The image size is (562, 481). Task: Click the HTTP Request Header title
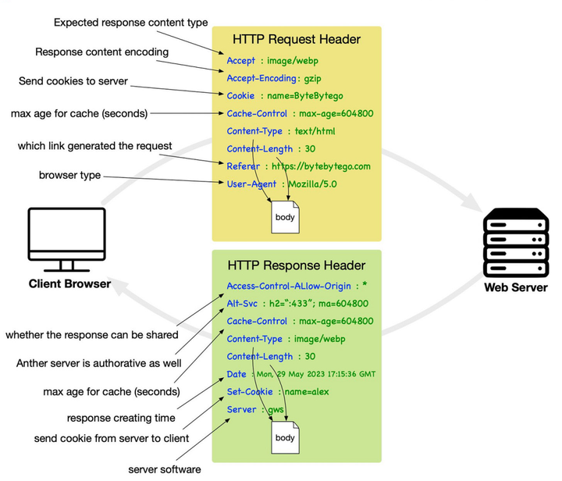tap(297, 39)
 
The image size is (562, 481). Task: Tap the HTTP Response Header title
tap(297, 265)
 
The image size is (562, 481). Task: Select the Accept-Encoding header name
tap(261, 78)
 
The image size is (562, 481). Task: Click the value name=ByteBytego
tap(305, 96)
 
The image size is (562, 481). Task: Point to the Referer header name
tap(243, 166)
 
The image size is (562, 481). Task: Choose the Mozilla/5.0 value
tap(312, 184)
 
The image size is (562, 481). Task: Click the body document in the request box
tap(286, 217)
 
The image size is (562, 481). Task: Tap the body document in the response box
tap(286, 437)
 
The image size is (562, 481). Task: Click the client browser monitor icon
tap(66, 240)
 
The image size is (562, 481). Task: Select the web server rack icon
tap(516, 243)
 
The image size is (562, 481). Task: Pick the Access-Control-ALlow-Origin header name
tap(289, 286)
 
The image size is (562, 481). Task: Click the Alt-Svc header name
tap(242, 304)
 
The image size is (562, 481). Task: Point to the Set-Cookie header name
tap(250, 392)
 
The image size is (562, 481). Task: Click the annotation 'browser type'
tap(70, 175)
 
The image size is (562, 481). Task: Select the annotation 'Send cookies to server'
tap(73, 81)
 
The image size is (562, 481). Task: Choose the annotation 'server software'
tap(165, 469)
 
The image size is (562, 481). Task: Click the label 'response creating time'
tap(121, 418)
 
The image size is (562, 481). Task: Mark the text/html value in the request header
tap(315, 131)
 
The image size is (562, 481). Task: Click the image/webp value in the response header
tap(320, 339)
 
